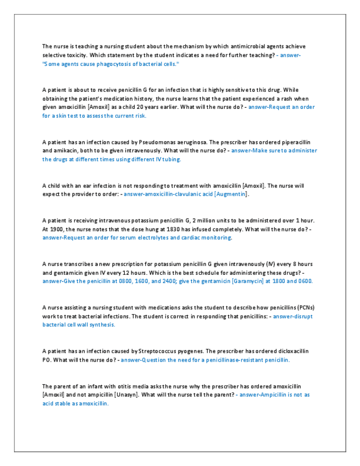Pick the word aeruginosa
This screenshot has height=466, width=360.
[x=191, y=141]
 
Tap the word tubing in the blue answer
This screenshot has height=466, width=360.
[x=168, y=159]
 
